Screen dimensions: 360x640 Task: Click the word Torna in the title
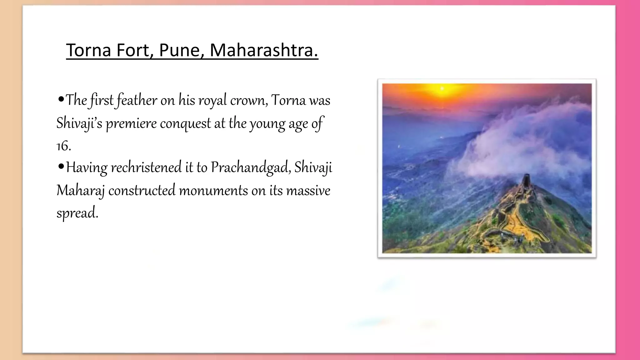point(88,50)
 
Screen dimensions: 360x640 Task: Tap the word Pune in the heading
point(181,50)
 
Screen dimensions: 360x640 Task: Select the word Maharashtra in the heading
point(263,50)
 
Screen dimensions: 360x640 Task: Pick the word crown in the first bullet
point(248,101)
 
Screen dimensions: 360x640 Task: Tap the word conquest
point(185,123)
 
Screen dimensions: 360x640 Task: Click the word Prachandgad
point(251,167)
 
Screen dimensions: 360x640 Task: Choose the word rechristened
point(146,167)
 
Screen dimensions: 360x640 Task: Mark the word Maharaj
point(80,191)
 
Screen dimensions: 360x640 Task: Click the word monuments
point(213,191)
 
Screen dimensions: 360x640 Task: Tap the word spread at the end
point(77,213)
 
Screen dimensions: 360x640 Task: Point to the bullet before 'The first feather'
point(61,100)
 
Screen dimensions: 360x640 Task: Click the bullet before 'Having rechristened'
point(61,167)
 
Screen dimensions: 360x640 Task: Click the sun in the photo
point(442,89)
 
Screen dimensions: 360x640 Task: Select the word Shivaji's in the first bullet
point(79,123)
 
